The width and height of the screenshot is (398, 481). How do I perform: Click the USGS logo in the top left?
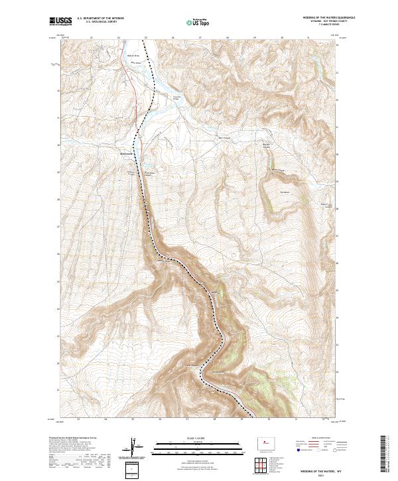point(61,21)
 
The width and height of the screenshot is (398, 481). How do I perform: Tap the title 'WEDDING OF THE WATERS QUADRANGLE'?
point(324,18)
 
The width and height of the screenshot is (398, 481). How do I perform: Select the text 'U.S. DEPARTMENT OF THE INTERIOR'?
point(100,18)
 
